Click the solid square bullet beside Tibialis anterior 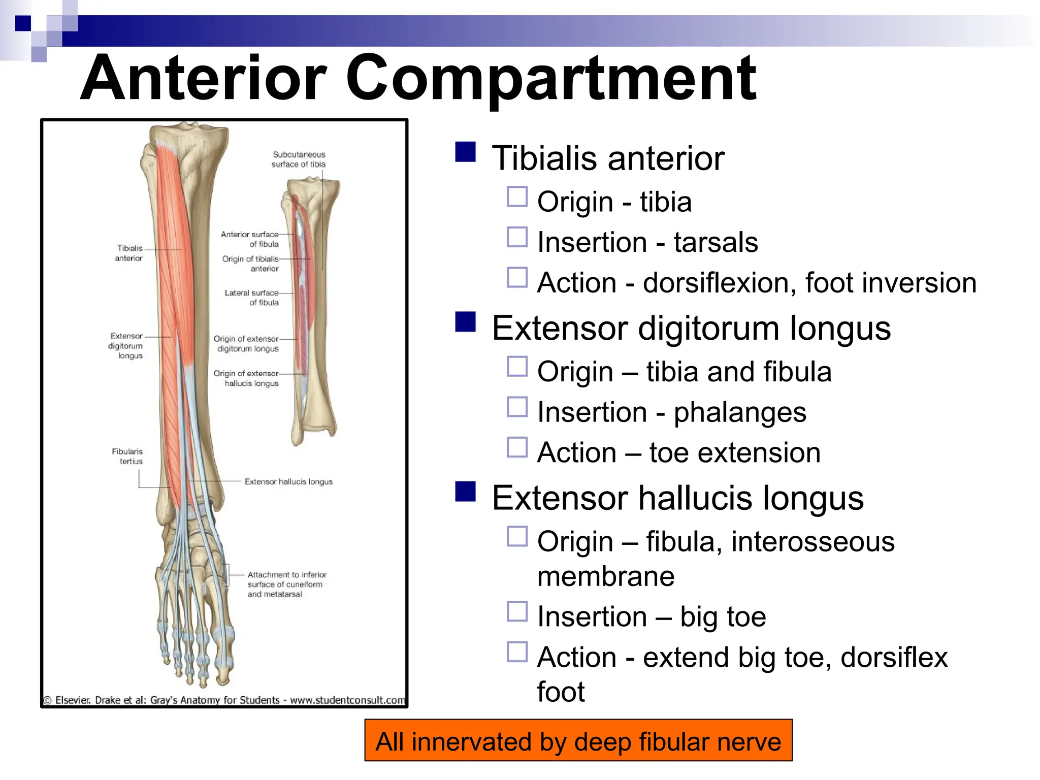pos(465,152)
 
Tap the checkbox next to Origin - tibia pos(517,197)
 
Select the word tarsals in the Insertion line pos(716,242)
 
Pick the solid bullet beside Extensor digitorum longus pos(465,322)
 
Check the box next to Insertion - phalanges pos(517,407)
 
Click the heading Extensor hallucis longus pos(677,498)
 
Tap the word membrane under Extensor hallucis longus pos(606,576)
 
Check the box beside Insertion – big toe pos(517,611)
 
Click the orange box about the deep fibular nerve pos(578,741)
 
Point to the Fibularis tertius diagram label pos(127,456)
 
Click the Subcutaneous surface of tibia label pos(299,159)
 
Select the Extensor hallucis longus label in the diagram pos(288,481)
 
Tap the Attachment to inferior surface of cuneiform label pos(286,584)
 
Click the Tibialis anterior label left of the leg pos(129,253)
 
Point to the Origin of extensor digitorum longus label pos(246,343)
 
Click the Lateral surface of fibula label pos(252,298)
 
